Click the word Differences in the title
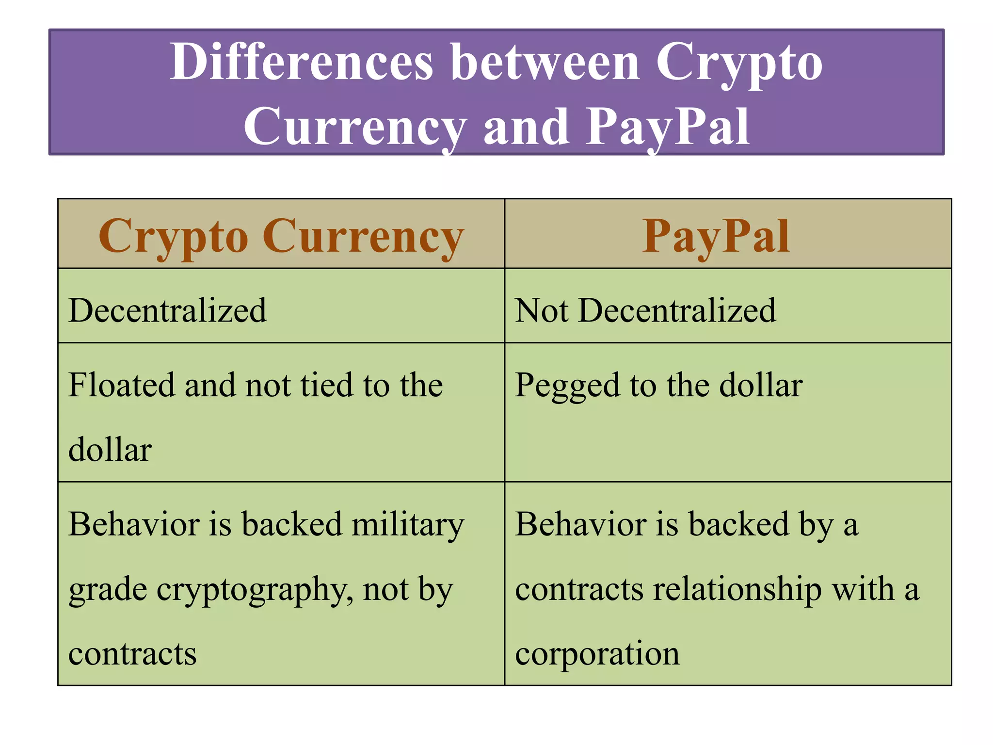click(301, 62)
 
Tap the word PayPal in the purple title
click(668, 127)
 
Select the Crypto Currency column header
click(281, 236)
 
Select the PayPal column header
click(716, 236)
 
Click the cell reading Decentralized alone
click(168, 310)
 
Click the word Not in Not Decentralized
click(541, 310)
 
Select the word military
click(408, 525)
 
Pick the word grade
click(108, 590)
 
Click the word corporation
click(597, 654)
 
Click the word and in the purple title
click(527, 127)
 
